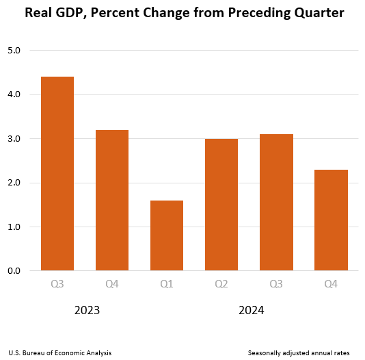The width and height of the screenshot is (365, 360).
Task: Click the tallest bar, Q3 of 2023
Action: pos(57,174)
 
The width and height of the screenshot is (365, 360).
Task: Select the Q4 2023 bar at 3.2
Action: pos(112,201)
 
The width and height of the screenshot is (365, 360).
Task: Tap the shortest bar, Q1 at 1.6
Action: pos(167,235)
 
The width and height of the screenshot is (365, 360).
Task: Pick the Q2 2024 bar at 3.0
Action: pos(221,205)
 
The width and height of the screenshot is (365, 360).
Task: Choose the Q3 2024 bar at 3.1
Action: pos(276,203)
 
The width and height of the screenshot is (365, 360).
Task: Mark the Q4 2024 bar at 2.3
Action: pos(331,220)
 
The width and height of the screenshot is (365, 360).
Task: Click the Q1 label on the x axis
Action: pos(167,284)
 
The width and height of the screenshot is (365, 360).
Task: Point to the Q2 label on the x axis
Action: pos(221,284)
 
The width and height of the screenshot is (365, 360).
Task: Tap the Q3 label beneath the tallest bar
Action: pos(57,284)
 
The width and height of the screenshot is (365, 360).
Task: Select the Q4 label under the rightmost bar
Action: pos(331,284)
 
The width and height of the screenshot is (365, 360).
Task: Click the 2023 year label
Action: pos(87,310)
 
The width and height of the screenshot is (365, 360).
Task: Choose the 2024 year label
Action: pos(251,310)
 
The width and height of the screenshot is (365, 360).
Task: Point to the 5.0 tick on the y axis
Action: pos(14,51)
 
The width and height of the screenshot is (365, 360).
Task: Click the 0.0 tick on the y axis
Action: pos(14,271)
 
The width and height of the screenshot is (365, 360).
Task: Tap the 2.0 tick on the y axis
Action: pos(14,183)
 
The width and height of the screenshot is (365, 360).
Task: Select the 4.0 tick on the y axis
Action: pos(14,94)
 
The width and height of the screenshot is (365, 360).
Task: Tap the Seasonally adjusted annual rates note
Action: pos(299,352)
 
